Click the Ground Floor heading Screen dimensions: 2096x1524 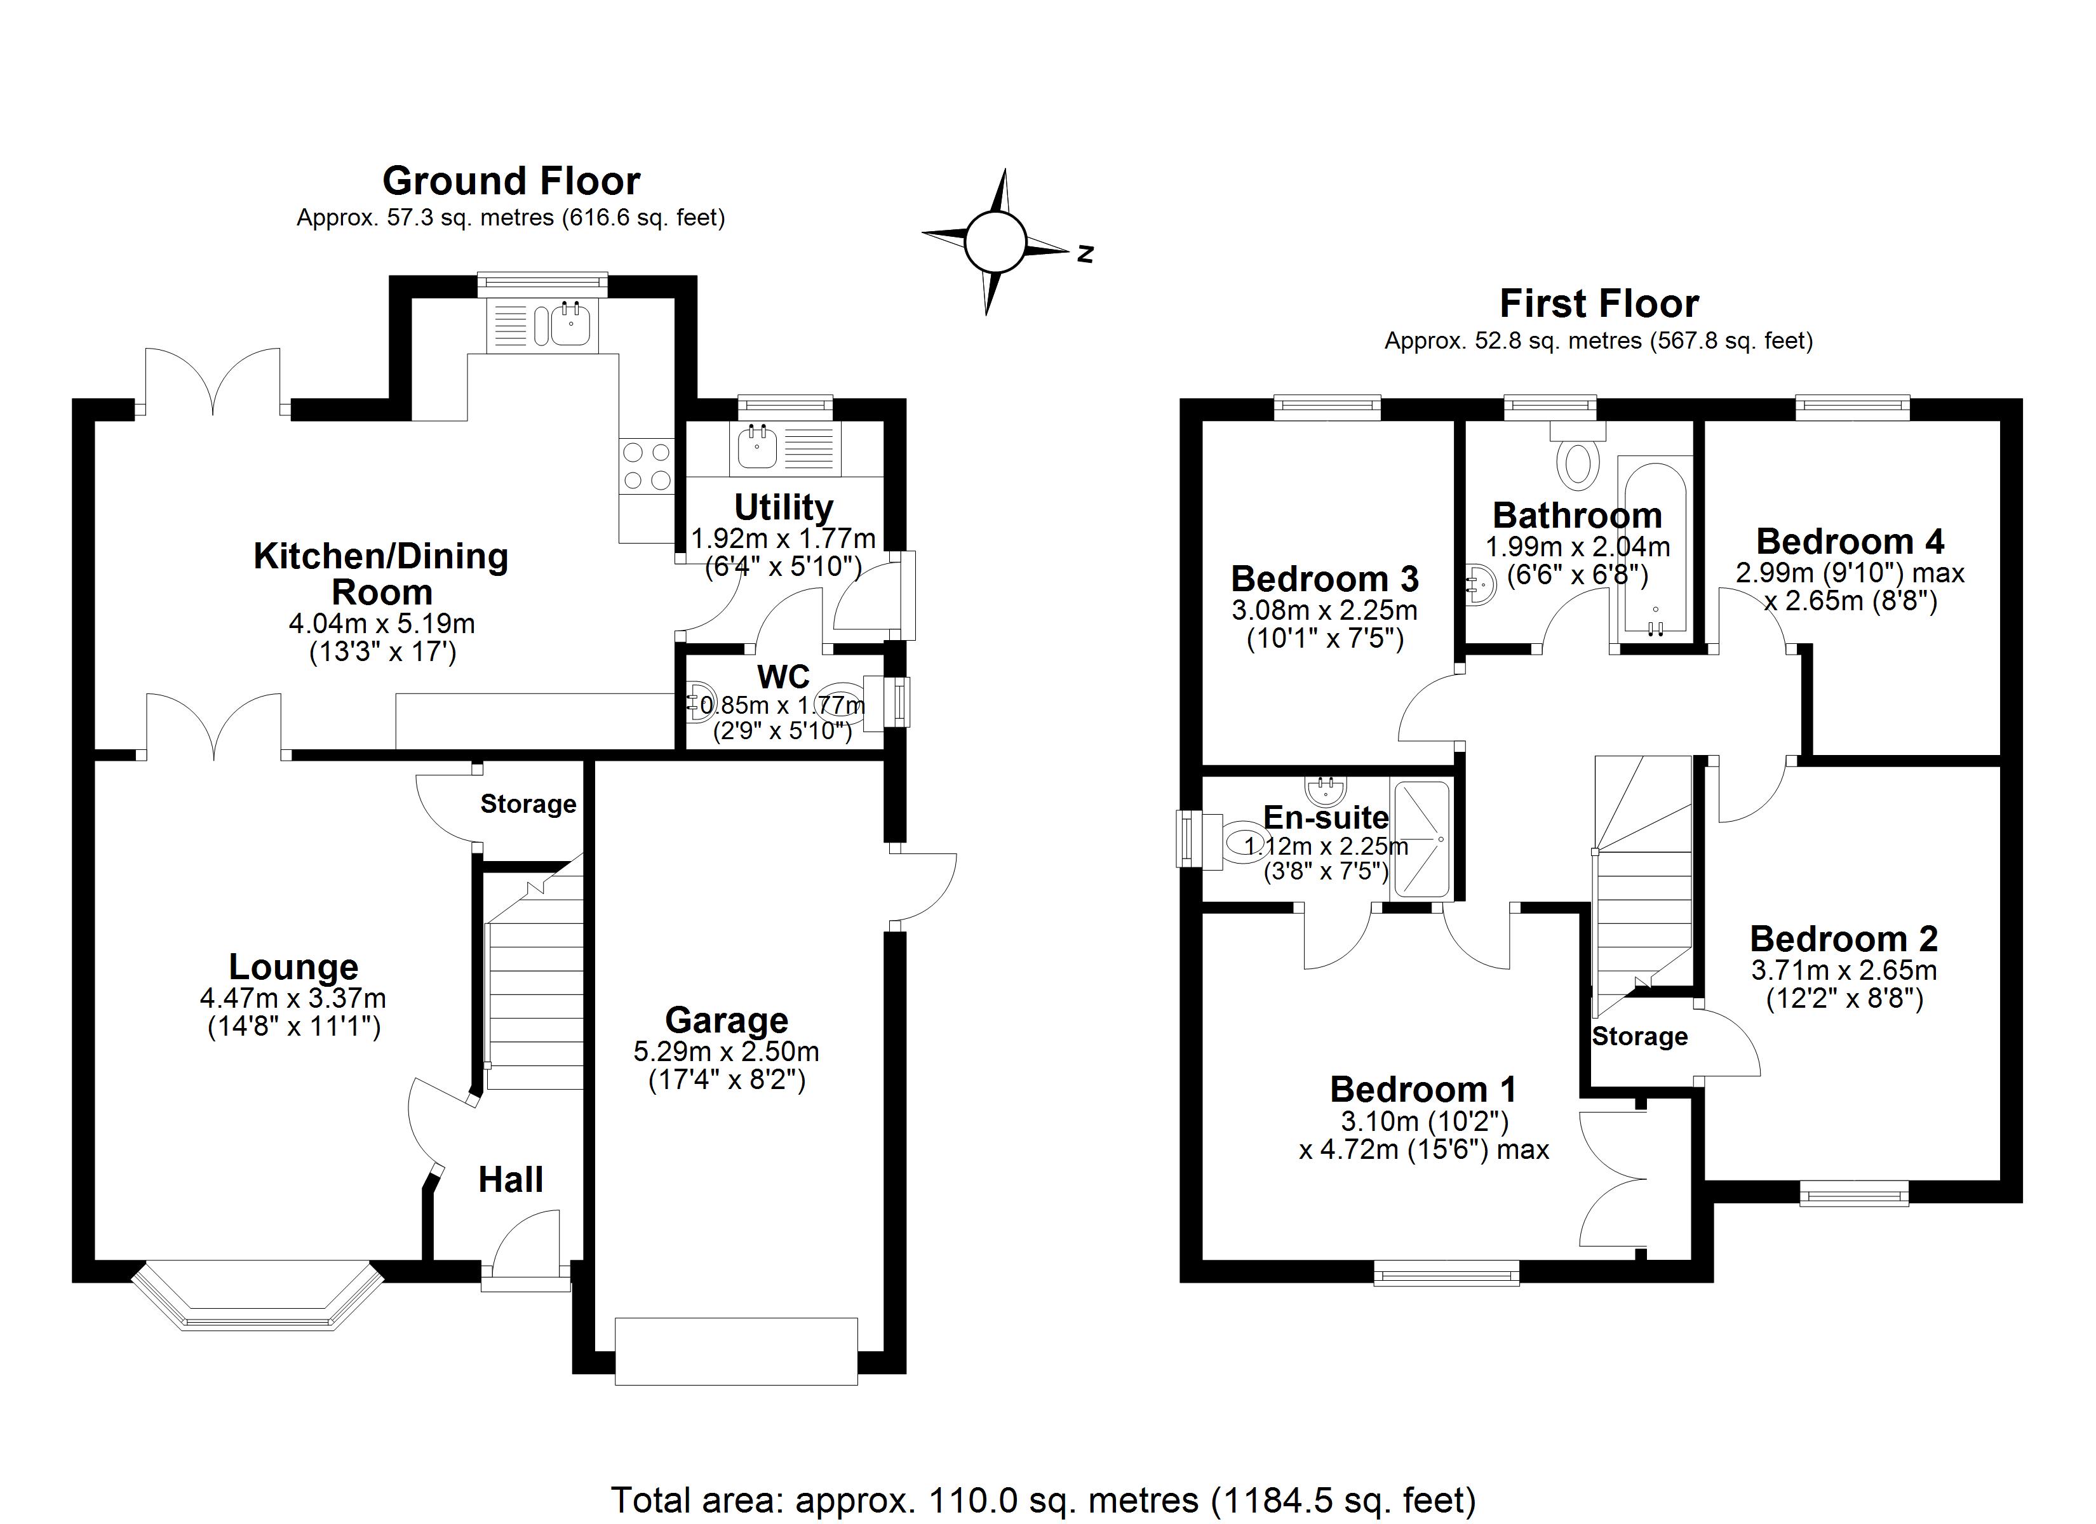point(511,181)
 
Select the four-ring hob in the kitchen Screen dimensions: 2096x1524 point(647,466)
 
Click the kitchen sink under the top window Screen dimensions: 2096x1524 point(571,323)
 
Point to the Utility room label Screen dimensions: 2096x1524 point(784,507)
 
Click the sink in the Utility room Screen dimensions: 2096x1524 point(758,446)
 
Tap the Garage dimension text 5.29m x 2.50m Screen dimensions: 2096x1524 point(727,1052)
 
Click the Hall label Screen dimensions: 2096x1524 point(511,1180)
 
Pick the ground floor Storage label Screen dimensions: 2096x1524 point(528,804)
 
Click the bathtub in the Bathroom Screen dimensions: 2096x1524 point(1654,547)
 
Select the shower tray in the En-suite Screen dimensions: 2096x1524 point(1421,839)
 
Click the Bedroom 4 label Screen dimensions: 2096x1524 point(1850,540)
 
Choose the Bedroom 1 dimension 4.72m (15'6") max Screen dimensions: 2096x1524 point(1423,1150)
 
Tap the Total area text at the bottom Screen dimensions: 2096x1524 point(1044,1499)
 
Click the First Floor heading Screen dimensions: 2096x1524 point(1599,304)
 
